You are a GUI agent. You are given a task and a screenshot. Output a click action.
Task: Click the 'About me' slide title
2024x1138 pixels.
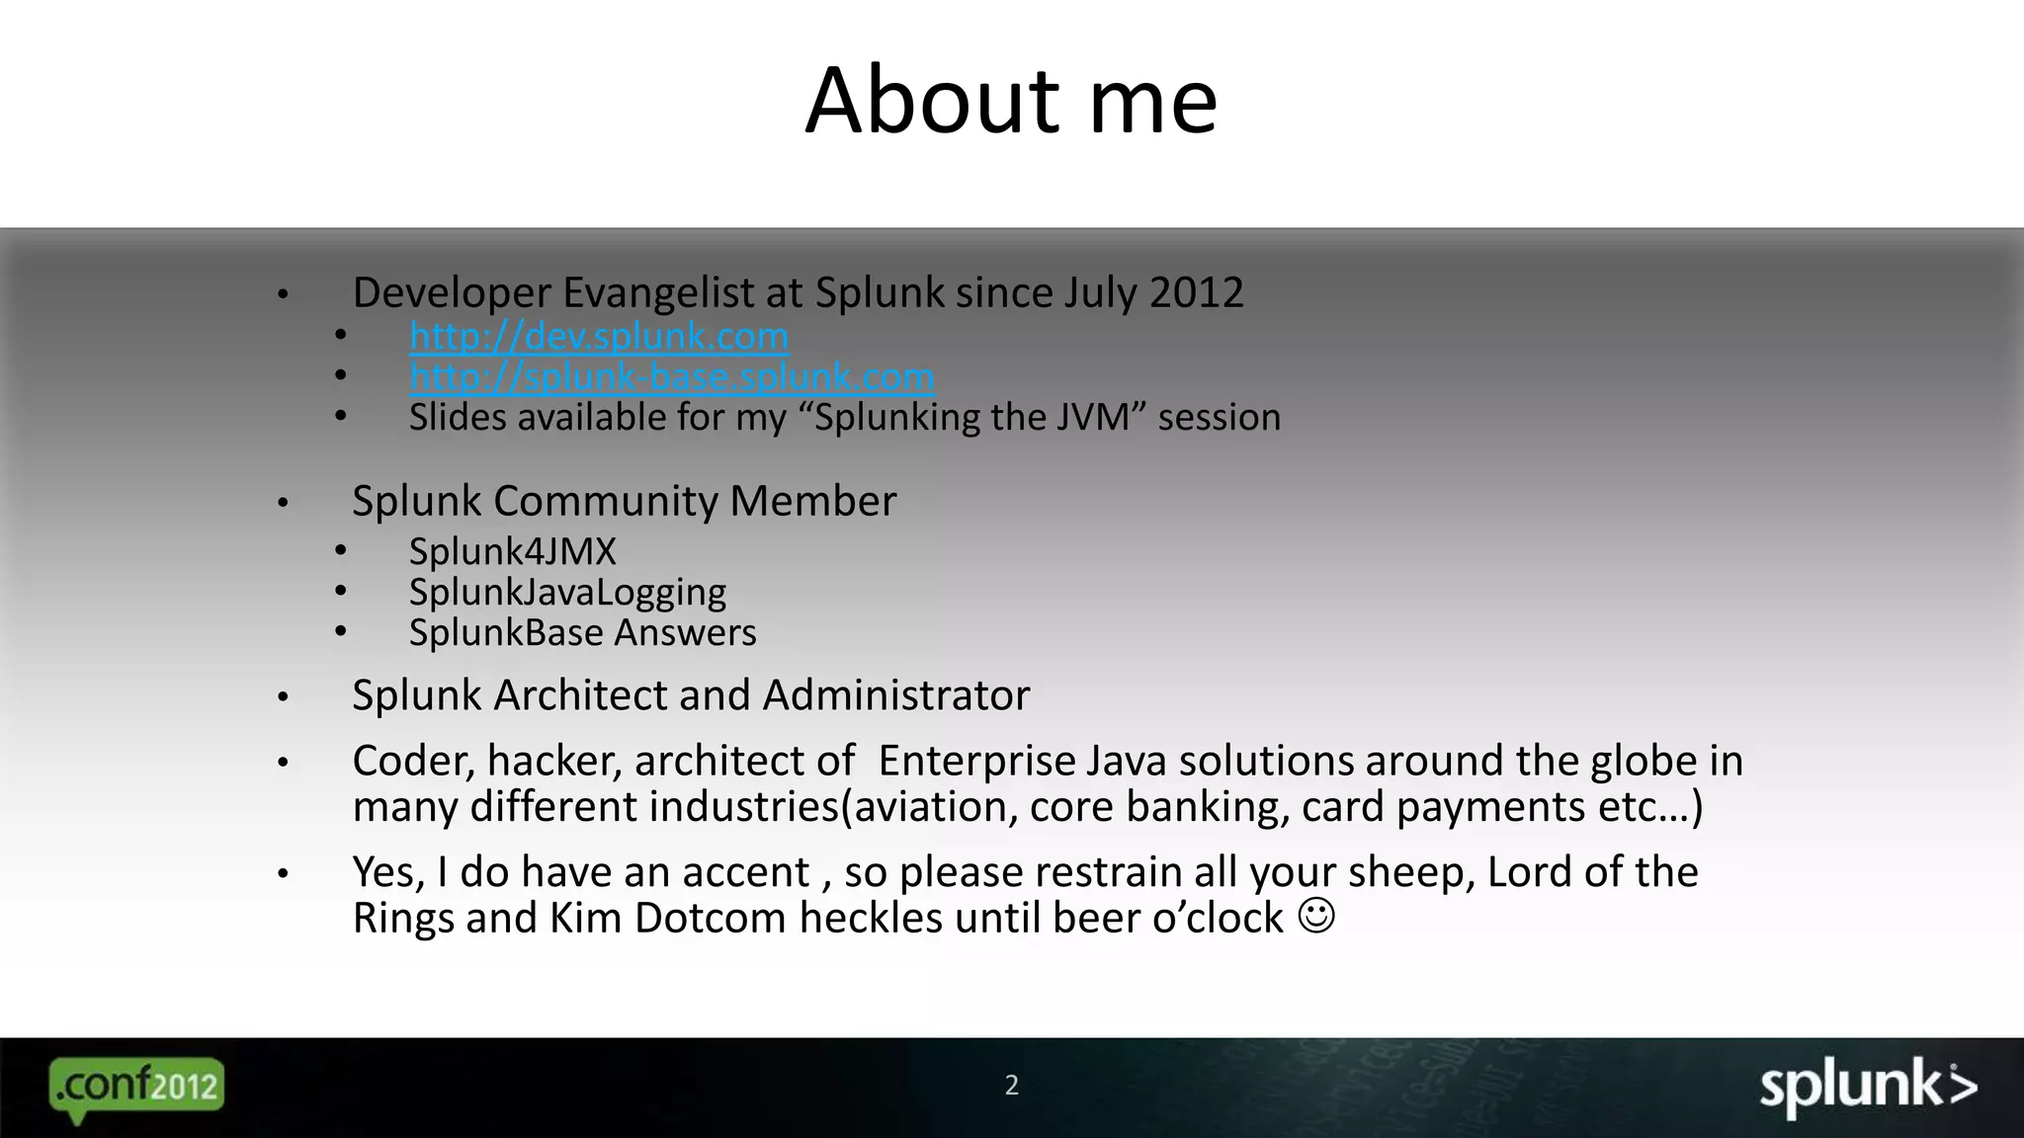(1011, 101)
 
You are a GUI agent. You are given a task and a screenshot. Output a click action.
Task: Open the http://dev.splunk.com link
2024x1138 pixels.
(599, 337)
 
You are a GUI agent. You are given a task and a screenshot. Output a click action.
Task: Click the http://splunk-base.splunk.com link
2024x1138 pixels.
(672, 377)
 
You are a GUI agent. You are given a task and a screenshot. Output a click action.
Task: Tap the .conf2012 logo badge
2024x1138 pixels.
(136, 1087)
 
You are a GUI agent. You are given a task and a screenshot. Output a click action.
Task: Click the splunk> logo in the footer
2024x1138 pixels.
(1868, 1087)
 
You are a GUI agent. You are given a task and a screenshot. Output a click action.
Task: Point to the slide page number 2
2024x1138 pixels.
(1011, 1086)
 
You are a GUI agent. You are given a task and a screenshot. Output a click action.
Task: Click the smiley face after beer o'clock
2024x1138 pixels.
(1316, 916)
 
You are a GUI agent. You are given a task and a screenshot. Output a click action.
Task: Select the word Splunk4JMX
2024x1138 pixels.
(513, 551)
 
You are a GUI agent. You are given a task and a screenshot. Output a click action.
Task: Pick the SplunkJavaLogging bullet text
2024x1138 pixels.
(567, 592)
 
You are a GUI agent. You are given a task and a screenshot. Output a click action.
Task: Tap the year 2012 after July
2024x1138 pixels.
(1196, 292)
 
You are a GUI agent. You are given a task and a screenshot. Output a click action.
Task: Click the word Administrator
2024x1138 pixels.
(896, 695)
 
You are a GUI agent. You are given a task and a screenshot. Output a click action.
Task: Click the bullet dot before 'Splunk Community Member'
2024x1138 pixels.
(283, 503)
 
